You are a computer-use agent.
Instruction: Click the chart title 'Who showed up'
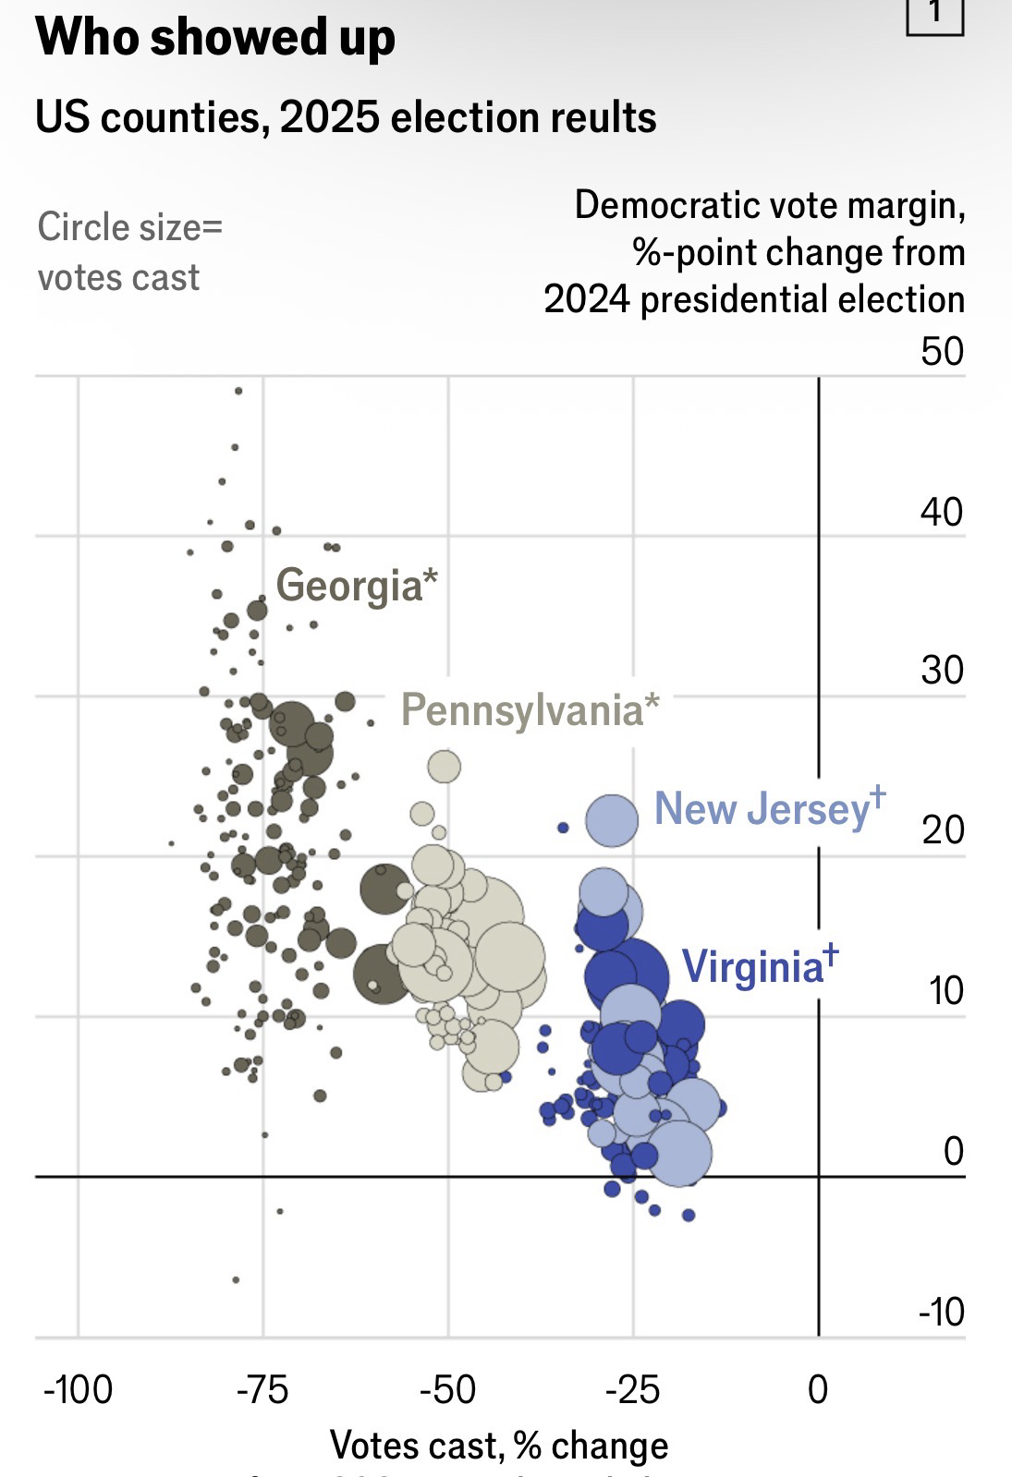pos(215,38)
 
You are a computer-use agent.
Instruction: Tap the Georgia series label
pos(356,586)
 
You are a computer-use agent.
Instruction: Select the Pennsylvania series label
pos(530,710)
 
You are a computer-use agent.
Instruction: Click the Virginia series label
pos(759,967)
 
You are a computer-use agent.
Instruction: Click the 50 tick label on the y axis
pos(942,352)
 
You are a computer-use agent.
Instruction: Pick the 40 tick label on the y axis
pos(942,512)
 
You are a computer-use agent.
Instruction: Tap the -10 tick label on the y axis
pos(942,1312)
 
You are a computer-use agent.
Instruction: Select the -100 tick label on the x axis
pos(79,1389)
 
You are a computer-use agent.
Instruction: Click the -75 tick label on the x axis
pos(263,1389)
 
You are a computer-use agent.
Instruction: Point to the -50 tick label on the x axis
pos(448,1389)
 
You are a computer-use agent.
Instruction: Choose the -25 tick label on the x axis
pos(633,1389)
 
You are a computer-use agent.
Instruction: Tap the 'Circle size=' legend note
pos(130,227)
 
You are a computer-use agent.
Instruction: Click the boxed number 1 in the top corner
pos(935,13)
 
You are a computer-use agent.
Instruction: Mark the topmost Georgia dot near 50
pos(238,391)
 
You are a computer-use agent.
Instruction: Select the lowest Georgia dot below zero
pos(236,1279)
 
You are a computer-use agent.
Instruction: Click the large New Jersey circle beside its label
pos(612,819)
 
